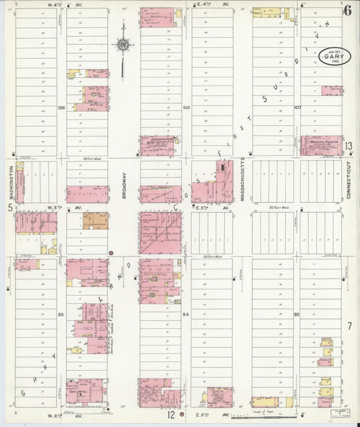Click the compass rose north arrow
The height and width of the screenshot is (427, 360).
(x=123, y=45)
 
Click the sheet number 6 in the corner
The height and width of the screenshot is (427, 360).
(x=347, y=10)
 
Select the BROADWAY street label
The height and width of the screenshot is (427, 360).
(x=124, y=181)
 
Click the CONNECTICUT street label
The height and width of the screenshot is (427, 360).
(x=349, y=180)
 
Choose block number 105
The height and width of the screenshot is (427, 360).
(x=61, y=107)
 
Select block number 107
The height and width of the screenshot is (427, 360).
(x=297, y=107)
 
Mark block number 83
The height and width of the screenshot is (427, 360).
(x=61, y=314)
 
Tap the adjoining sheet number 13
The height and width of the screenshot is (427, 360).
(x=349, y=146)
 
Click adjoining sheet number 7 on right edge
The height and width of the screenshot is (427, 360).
(x=349, y=326)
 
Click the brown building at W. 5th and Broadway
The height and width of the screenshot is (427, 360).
(x=95, y=221)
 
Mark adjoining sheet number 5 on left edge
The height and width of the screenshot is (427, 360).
(x=9, y=208)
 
